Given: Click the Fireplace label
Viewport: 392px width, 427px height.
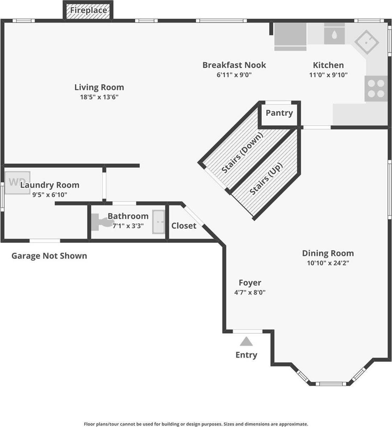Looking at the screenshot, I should (88, 10).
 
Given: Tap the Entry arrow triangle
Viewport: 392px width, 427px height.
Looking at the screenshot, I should (246, 342).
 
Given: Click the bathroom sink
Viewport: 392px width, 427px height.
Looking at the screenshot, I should (159, 222).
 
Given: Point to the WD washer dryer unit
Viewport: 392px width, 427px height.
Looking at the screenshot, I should (17, 183).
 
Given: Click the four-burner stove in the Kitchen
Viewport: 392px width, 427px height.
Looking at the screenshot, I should (376, 89).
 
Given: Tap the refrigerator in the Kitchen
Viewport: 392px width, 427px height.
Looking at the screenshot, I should (290, 37).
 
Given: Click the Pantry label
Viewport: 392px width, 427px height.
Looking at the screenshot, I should (279, 113).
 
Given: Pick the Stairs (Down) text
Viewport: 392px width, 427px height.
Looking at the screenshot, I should (242, 153).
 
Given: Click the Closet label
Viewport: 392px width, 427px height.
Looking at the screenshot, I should (184, 226).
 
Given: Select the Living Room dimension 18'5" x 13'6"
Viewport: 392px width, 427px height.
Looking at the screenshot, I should (99, 97).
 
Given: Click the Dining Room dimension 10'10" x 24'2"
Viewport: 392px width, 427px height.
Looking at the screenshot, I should (328, 263).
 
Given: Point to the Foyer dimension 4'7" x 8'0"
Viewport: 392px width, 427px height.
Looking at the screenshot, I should (250, 292).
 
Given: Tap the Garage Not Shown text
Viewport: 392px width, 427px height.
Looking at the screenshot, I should (49, 256).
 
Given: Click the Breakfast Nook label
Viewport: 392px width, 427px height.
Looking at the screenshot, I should (234, 65).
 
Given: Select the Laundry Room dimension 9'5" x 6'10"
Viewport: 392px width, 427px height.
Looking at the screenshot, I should (49, 195).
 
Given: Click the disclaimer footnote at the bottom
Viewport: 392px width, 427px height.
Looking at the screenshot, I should (196, 424).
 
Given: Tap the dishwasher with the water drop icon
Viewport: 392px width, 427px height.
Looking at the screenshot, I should (334, 34).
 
